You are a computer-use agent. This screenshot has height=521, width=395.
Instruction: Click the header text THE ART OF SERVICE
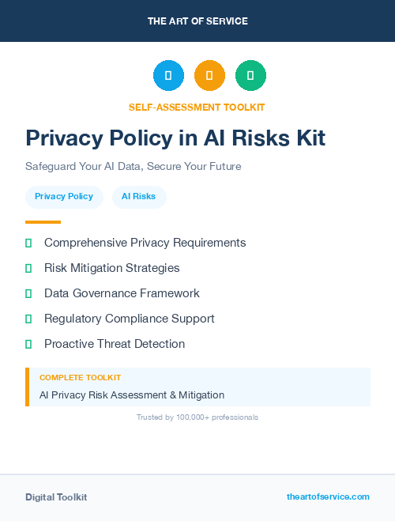197,21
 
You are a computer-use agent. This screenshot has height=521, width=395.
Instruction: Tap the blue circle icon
168,75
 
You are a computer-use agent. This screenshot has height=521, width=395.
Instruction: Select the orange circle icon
209,75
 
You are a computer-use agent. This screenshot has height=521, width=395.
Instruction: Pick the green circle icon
250,75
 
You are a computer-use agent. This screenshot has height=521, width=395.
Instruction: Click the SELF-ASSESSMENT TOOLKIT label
197,107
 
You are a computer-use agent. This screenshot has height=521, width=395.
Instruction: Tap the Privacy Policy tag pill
64,196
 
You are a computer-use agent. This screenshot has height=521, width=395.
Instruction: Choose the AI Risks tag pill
138,196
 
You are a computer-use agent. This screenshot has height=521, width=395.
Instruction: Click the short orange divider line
43,222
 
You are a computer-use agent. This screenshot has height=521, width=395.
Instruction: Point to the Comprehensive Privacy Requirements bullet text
145,243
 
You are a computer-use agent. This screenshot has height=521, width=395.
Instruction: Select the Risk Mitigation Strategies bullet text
111,268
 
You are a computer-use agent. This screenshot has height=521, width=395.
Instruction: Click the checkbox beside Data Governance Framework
28,293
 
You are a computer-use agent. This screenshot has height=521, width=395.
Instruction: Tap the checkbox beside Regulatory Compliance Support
28,319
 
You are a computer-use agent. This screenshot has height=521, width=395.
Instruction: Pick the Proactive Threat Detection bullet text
115,344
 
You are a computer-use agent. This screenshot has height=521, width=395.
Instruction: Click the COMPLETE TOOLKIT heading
80,378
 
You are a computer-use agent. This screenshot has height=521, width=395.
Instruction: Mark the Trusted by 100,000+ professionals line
197,417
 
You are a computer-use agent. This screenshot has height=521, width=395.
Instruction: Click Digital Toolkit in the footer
56,497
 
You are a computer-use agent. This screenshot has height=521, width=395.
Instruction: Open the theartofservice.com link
328,496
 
